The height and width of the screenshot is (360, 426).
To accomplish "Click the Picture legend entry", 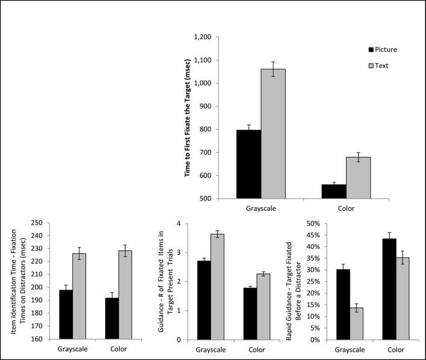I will [383, 49].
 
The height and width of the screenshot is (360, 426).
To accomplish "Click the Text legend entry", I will [381, 65].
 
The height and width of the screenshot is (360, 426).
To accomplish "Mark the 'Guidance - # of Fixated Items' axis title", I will [170, 281].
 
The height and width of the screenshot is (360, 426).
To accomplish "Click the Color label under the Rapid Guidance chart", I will [395, 349].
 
